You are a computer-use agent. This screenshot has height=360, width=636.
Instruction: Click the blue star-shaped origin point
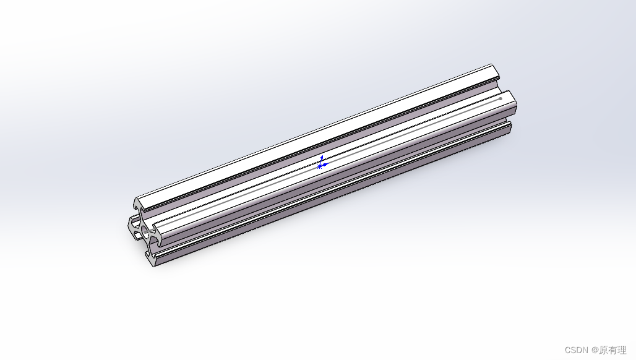point(319,166)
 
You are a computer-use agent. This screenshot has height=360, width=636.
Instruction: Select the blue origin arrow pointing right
point(325,165)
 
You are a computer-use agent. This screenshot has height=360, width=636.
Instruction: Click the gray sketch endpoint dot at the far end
point(500,98)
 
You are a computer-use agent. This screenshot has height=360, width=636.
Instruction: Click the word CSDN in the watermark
point(575,350)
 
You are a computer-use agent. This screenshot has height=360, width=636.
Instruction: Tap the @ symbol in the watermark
point(595,350)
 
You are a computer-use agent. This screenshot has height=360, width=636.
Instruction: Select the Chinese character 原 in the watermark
point(603,350)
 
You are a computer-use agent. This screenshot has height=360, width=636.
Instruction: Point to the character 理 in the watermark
point(622,350)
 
